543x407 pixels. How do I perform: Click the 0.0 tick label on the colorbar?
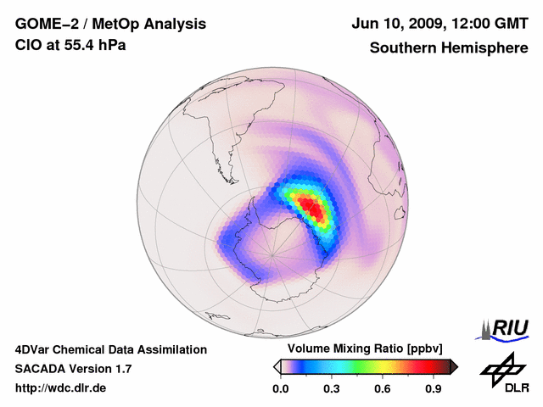pos(280,389)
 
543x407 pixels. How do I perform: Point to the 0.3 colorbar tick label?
pos(332,389)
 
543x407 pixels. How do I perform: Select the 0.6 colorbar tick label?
pos(383,389)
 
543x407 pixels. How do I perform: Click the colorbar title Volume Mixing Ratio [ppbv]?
pos(363,349)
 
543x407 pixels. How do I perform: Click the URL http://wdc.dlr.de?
pos(61,388)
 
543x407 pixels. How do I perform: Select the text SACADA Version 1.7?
pos(74,369)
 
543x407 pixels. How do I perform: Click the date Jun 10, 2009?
pos(396,24)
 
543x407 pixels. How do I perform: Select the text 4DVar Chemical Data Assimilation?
pos(111,349)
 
